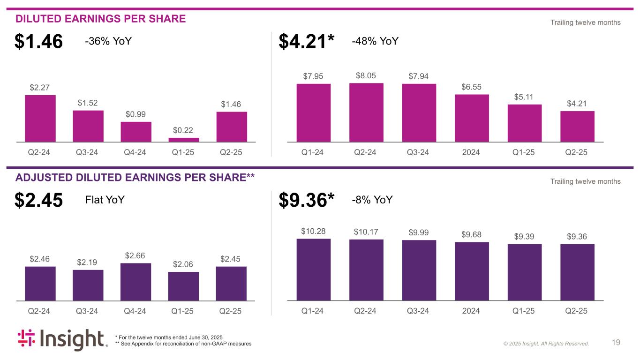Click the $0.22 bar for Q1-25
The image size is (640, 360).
183,140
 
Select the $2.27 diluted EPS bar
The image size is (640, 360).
40,118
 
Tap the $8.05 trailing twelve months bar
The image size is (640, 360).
366,112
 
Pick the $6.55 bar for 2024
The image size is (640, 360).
472,118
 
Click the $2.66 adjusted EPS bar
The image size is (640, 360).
136,282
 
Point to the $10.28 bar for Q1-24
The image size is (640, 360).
314,270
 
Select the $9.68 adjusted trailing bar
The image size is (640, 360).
472,271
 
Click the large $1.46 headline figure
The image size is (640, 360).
38,42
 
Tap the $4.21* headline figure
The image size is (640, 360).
307,42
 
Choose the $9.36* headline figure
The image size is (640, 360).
307,201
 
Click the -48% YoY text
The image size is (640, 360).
375,41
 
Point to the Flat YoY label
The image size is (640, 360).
105,200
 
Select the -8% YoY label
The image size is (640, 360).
372,200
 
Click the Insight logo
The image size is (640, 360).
62,340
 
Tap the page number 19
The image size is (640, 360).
616,343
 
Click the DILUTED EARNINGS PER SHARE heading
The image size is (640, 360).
101,19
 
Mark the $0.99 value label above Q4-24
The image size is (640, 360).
136,114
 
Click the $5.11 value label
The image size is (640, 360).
524,97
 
